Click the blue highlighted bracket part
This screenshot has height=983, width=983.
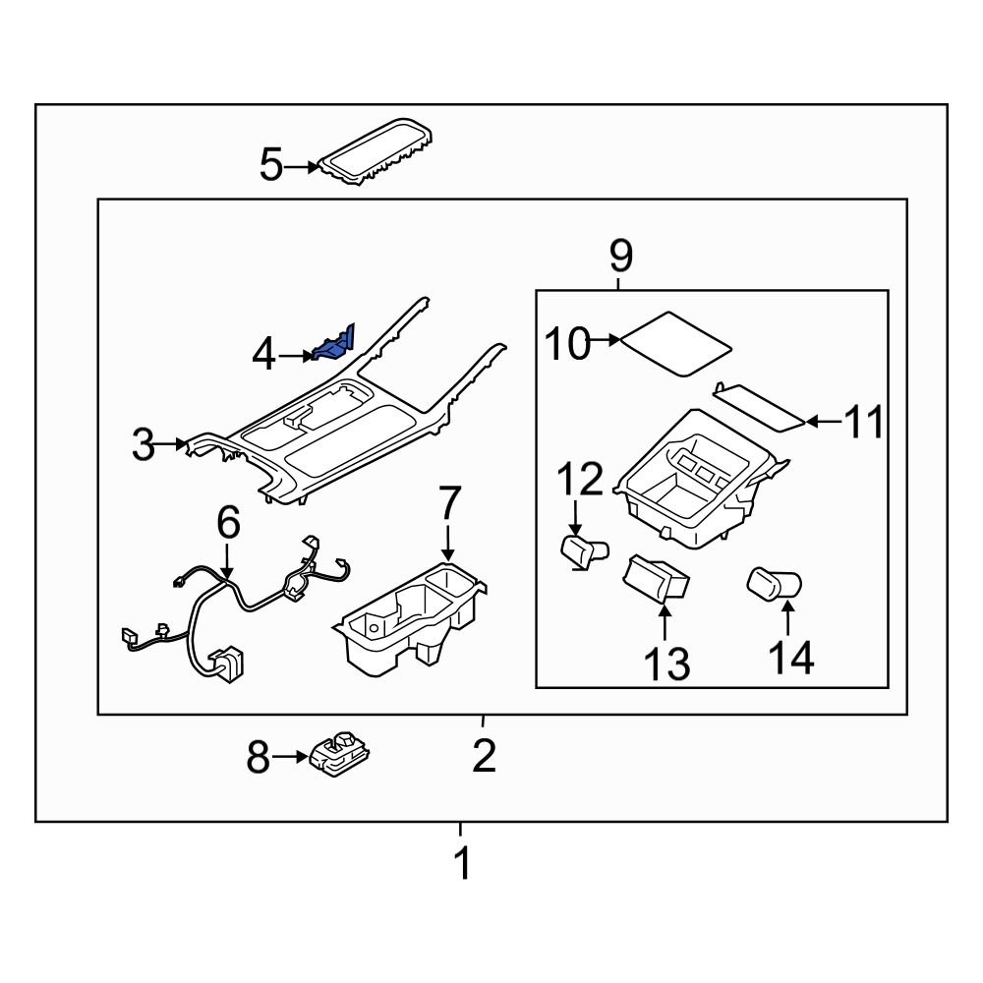coord(334,345)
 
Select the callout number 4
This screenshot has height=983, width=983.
coord(263,355)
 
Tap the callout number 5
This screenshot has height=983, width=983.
coord(270,165)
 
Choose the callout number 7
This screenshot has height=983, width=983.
coord(448,504)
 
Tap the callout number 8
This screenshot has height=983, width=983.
coord(258,758)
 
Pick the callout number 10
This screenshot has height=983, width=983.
coord(568,344)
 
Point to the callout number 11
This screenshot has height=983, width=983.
coord(865,423)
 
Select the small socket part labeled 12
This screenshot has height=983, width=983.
coord(584,551)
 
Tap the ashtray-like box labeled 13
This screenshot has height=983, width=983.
coord(657,576)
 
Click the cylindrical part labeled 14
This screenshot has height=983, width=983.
coord(776,585)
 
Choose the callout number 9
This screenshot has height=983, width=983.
coord(619,258)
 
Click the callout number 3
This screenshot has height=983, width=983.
coord(144,446)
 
